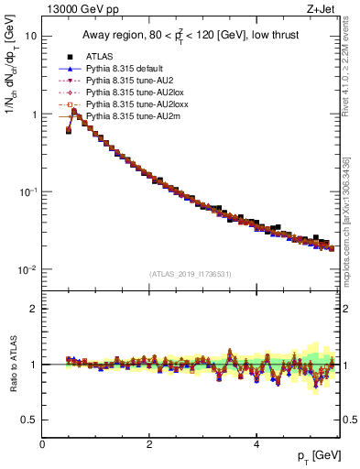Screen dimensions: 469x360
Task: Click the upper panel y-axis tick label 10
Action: coord(31,37)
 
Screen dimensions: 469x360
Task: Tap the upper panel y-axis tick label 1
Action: coord(34,115)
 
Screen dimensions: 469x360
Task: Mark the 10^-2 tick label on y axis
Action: coord(27,269)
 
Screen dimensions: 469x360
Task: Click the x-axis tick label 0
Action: coord(42,444)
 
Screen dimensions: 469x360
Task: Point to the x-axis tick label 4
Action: coord(256,444)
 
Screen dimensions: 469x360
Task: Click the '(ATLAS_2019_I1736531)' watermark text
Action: coord(190,274)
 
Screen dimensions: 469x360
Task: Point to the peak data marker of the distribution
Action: coord(74,112)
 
